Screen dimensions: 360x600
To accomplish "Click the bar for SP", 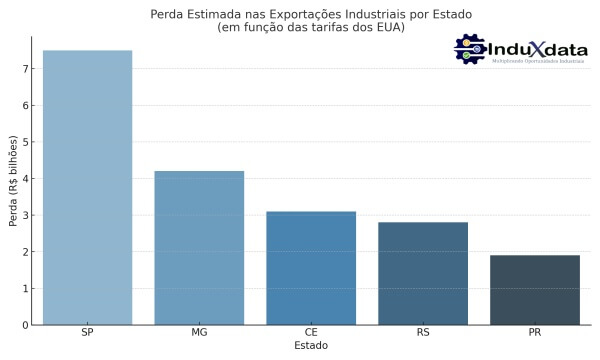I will tap(87, 187).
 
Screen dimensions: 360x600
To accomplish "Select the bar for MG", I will tap(199, 247).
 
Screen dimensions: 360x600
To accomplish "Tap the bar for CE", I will tap(311, 267).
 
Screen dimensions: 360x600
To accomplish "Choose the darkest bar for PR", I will tap(535, 289).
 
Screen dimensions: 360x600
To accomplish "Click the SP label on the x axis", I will tap(87, 333).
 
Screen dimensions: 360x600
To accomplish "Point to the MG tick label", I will tap(199, 333).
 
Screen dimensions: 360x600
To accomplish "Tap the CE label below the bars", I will tap(311, 333).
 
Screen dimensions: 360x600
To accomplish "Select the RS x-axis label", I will tap(423, 333).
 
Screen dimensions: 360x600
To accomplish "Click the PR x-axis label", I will tap(535, 333).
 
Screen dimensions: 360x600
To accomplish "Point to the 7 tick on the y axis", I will tap(25, 69).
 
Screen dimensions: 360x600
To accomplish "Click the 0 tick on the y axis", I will tap(25, 325).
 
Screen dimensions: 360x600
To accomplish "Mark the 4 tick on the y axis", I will tap(25, 179).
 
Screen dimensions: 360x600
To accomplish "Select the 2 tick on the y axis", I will tap(25, 252).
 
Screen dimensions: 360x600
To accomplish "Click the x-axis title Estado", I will tap(311, 346).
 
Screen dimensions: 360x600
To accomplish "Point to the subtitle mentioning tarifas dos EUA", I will tap(311, 28).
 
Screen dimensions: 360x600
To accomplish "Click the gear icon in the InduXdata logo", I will tap(469, 49).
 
